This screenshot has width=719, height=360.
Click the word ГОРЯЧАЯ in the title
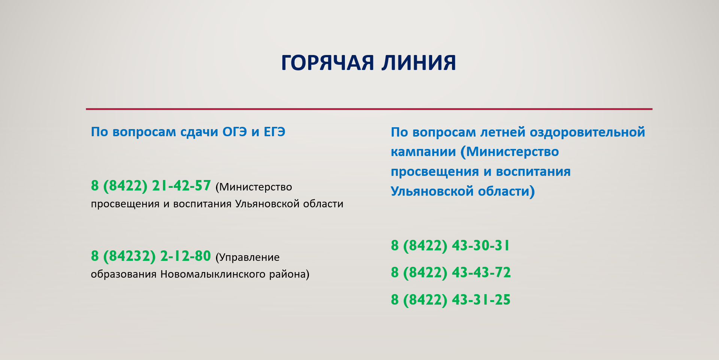point(328,62)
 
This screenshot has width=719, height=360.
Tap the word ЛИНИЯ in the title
point(419,62)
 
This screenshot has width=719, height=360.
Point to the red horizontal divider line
point(369,109)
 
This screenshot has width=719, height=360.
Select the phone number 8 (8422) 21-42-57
point(151,186)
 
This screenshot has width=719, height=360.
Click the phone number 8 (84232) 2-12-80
point(151,256)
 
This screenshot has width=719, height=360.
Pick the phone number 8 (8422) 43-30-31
point(450,245)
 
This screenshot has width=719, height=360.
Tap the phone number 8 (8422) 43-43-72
point(451,272)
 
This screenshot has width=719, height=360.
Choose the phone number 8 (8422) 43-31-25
point(451,300)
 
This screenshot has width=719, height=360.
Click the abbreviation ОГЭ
point(235,132)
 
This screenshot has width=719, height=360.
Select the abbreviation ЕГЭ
point(274,132)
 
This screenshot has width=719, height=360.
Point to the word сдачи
point(199,132)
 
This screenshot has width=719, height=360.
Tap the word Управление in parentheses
point(248,257)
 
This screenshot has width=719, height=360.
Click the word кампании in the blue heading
point(424,152)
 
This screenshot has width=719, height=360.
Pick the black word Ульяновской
point(267,204)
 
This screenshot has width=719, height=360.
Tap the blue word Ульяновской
point(432,191)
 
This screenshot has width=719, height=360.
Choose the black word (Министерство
point(254,187)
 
